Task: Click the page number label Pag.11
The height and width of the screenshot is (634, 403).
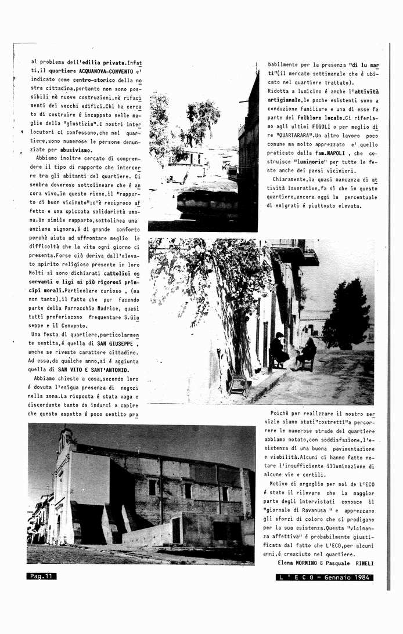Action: coord(41,576)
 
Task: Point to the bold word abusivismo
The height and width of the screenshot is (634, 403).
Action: coord(73,150)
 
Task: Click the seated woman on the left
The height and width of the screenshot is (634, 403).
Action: coord(278,350)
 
